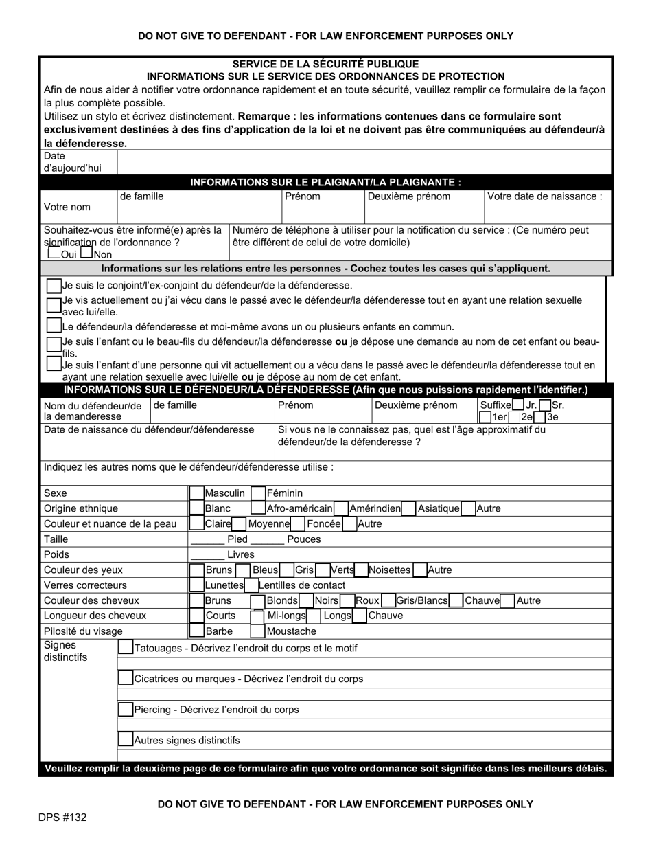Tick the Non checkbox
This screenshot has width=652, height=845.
pyautogui.click(x=86, y=253)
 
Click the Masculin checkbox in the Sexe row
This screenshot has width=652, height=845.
pyautogui.click(x=197, y=493)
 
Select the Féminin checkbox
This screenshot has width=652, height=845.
pyautogui.click(x=258, y=493)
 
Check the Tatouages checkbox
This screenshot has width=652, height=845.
pyautogui.click(x=126, y=647)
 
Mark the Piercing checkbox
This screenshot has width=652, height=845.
pyautogui.click(x=126, y=709)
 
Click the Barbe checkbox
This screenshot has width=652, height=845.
pyautogui.click(x=197, y=631)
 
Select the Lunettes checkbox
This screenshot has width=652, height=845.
pyautogui.click(x=197, y=585)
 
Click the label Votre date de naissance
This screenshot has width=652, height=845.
pyautogui.click(x=544, y=196)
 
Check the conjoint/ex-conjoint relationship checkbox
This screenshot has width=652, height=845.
pyautogui.click(x=54, y=285)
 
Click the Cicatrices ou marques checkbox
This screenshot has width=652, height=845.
pyautogui.click(x=126, y=678)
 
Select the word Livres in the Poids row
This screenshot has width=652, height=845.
pyautogui.click(x=240, y=554)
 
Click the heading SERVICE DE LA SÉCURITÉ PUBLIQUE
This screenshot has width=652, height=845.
pyautogui.click(x=325, y=64)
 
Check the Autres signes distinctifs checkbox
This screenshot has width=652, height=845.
pyautogui.click(x=126, y=740)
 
